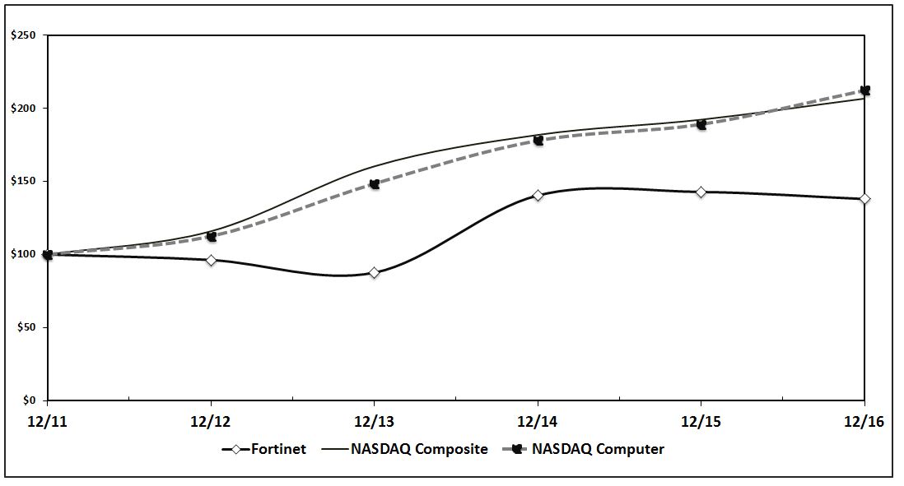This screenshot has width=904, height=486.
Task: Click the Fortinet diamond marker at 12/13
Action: pyautogui.click(x=375, y=273)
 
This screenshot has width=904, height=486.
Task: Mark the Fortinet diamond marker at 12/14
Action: pyautogui.click(x=538, y=196)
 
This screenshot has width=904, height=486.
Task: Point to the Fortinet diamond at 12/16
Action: pyautogui.click(x=864, y=199)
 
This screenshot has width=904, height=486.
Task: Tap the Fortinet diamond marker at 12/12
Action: pyautogui.click(x=212, y=260)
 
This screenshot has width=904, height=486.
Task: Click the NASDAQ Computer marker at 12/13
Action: pyautogui.click(x=375, y=184)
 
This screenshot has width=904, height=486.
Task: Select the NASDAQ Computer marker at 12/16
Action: pyautogui.click(x=864, y=90)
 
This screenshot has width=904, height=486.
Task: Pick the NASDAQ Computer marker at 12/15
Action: pyautogui.click(x=701, y=125)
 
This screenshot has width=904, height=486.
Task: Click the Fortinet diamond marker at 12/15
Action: pyautogui.click(x=701, y=192)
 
